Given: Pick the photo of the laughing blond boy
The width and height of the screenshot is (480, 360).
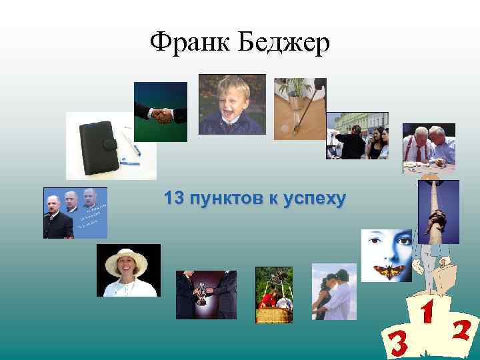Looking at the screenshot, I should click(232, 104).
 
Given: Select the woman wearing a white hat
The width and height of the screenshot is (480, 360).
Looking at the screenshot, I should click(128, 270).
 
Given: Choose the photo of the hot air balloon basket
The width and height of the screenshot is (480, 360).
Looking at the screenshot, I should click(274, 295).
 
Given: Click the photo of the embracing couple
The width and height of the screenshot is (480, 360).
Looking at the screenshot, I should click(334, 291).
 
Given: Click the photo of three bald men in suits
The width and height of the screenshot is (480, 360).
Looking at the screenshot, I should click(75, 213).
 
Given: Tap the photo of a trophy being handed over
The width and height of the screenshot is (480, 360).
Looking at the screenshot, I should click(206, 294).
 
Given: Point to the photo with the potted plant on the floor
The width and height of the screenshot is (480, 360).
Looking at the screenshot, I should click(300, 109).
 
